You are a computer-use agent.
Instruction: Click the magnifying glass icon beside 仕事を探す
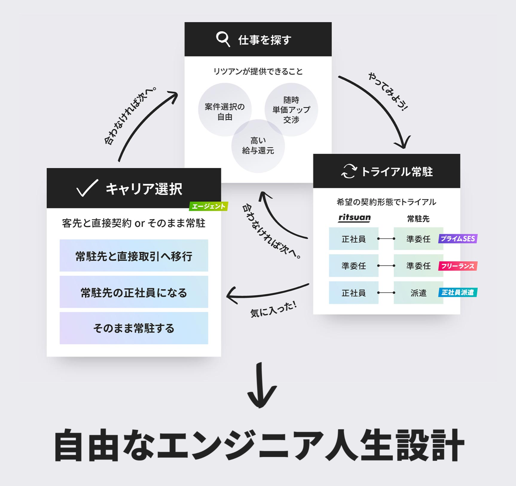tap(223, 39)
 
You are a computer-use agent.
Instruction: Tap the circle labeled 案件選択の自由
tap(225, 110)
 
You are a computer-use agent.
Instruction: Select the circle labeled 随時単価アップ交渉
tap(291, 109)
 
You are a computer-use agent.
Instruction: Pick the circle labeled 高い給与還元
tap(258, 146)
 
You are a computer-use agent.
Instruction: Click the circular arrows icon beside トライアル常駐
tap(349, 171)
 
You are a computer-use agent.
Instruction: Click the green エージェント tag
tap(209, 206)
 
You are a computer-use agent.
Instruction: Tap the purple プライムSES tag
tap(458, 239)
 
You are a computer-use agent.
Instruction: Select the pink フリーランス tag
tap(458, 266)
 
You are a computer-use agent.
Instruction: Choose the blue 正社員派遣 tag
tap(458, 292)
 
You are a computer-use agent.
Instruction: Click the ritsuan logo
tap(354, 218)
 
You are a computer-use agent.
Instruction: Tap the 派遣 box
tap(418, 293)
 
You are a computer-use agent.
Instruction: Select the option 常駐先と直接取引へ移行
tap(134, 256)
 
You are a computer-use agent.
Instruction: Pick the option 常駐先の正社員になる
tap(134, 292)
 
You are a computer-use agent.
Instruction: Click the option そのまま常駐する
tap(134, 328)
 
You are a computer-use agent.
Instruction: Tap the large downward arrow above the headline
tap(262, 386)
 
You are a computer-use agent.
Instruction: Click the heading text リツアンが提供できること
tap(258, 71)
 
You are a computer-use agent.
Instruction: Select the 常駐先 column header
tap(418, 219)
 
